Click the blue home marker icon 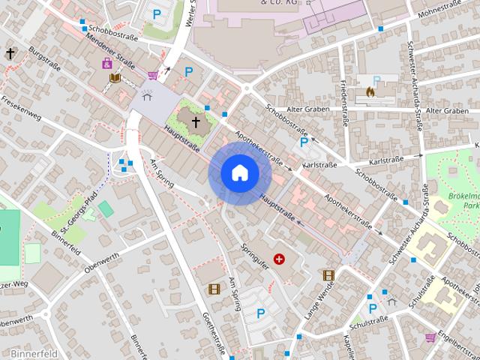pyautogui.click(x=239, y=173)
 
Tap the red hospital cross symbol pyautogui.click(x=280, y=259)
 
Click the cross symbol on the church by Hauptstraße pyautogui.click(x=196, y=121)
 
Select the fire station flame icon pyautogui.click(x=370, y=92)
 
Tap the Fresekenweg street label pyautogui.click(x=21, y=109)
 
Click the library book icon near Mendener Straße pyautogui.click(x=115, y=78)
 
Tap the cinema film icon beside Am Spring pyautogui.click(x=214, y=289)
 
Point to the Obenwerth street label pyautogui.click(x=103, y=264)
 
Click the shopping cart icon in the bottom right pyautogui.click(x=430, y=338)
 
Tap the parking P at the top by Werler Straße pyautogui.click(x=157, y=13)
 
